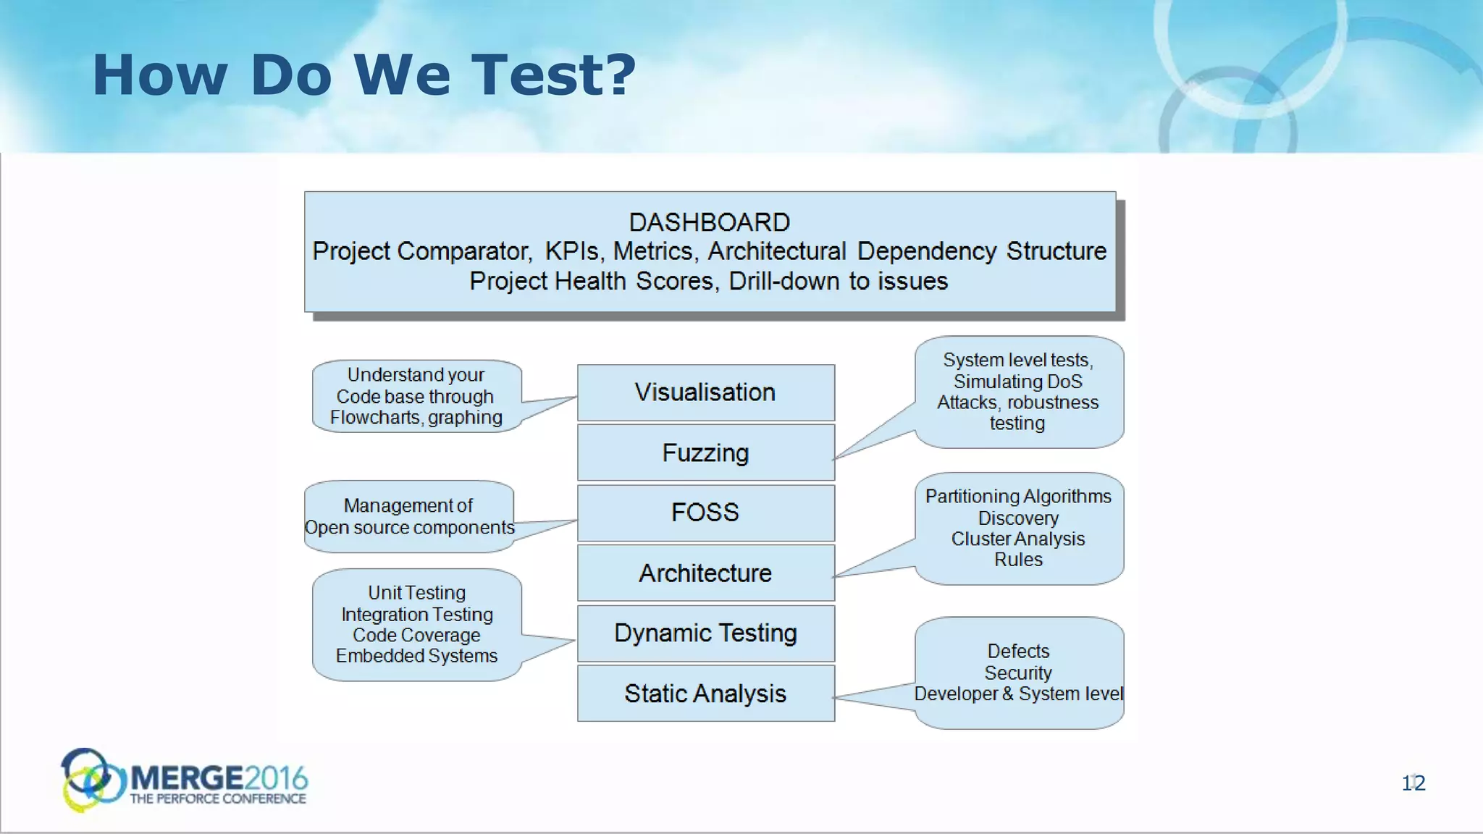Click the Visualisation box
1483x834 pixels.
pos(705,392)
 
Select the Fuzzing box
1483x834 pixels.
pos(705,452)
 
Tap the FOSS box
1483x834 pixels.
pos(705,513)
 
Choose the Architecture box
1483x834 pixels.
pos(705,573)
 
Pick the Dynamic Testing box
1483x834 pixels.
pos(705,633)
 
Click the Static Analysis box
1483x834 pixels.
pos(705,693)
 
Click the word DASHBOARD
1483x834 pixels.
pos(709,222)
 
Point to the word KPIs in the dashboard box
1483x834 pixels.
pos(572,251)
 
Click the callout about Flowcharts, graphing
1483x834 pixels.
pos(416,396)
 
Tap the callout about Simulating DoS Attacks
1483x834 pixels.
pos(1018,391)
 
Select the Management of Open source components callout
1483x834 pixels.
pos(409,516)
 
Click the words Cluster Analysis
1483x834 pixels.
pos(1018,539)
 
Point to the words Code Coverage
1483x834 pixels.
pos(416,635)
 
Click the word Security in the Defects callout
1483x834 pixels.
pos(1018,673)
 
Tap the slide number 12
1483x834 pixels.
pos(1413,783)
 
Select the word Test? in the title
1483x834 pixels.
pos(553,75)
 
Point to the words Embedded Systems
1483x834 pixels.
pos(416,656)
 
